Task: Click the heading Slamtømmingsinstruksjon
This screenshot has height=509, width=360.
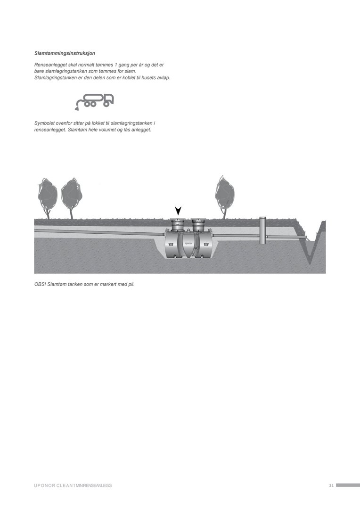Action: pos(65,53)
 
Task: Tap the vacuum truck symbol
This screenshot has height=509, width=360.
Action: pos(94,102)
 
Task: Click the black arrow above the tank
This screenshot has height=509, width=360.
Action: pos(178,211)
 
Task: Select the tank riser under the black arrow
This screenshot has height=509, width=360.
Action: pos(178,224)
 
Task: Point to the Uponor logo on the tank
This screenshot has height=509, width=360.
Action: pos(188,243)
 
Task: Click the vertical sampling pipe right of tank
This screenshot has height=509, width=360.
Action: pos(262,231)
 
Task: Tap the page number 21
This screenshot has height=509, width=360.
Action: pos(331,485)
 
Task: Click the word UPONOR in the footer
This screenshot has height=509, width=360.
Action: pos(44,485)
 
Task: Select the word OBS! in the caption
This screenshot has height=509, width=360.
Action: pos(40,284)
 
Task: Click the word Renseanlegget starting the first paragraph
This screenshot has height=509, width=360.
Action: pos(49,65)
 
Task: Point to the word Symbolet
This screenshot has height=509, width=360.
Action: pos(45,123)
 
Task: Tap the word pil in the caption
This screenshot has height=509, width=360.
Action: pos(131,284)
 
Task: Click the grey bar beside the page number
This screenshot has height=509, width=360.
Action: pos(348,485)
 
